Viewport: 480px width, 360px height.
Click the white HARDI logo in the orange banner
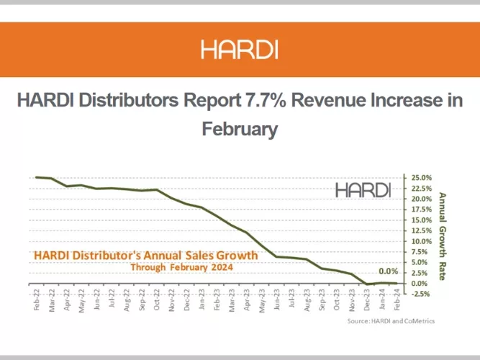[240, 50]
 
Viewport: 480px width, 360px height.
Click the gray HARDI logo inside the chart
[363, 190]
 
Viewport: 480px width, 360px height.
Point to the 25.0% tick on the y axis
[422, 177]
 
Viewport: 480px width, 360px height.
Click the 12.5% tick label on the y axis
[422, 230]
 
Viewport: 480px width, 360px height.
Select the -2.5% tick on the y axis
[422, 294]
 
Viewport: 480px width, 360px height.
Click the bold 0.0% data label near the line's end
[388, 271]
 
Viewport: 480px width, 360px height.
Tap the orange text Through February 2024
[182, 266]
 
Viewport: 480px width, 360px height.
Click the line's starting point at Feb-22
[37, 177]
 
